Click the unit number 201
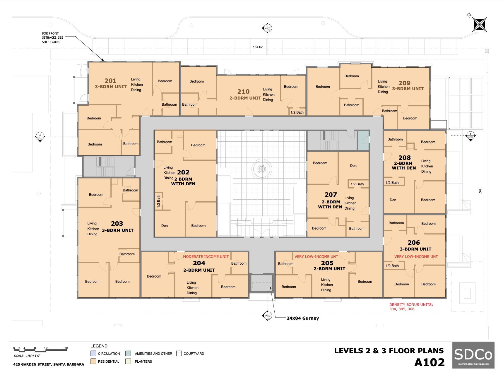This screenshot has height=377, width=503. (x=110, y=81)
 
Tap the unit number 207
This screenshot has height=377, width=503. (x=331, y=195)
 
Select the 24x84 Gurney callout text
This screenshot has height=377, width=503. (x=303, y=318)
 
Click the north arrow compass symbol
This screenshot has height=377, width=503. (x=480, y=24)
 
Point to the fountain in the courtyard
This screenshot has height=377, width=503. (x=261, y=169)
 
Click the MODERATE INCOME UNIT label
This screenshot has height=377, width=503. (x=206, y=257)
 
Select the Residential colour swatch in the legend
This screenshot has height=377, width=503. (x=93, y=361)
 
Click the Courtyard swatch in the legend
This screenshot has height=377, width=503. (x=179, y=353)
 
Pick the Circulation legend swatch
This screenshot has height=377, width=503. (x=93, y=353)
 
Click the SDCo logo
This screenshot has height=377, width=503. (x=473, y=355)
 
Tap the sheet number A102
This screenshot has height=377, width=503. (x=430, y=362)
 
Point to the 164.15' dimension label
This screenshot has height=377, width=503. (x=258, y=47)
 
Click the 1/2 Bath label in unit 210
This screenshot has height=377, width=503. (x=297, y=112)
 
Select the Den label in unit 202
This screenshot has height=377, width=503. (x=165, y=226)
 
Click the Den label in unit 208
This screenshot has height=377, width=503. (x=393, y=200)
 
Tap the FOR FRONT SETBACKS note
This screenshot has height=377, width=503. (x=52, y=38)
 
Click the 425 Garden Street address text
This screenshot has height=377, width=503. (x=49, y=364)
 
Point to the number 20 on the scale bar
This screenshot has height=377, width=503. (x=66, y=348)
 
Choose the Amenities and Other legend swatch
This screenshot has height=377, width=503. (x=128, y=353)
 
